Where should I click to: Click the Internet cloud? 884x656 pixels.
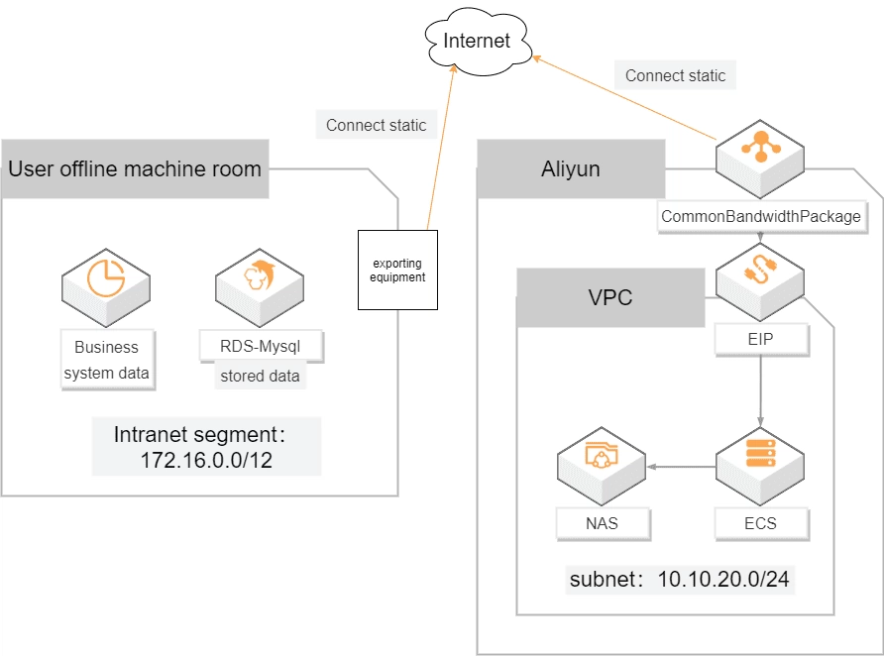(x=478, y=41)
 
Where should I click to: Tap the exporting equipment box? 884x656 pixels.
(x=398, y=271)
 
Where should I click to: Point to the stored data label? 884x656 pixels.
(x=260, y=377)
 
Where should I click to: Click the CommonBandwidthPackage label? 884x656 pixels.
(x=761, y=216)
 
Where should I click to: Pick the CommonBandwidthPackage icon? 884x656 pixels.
(x=761, y=156)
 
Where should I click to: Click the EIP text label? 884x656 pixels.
(x=761, y=339)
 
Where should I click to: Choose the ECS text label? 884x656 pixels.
(x=761, y=523)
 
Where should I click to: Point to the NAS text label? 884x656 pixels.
(x=603, y=523)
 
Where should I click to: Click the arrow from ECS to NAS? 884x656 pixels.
(x=682, y=464)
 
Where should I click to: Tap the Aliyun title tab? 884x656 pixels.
(x=571, y=168)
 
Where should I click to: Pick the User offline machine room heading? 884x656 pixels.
(x=135, y=168)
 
